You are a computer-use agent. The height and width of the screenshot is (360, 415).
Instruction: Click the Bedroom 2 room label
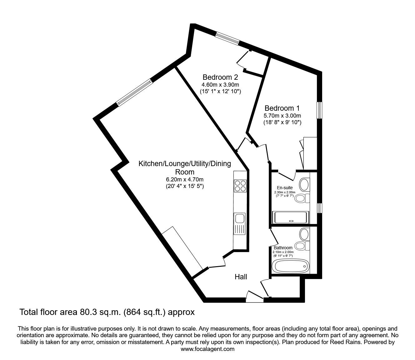click(x=220, y=77)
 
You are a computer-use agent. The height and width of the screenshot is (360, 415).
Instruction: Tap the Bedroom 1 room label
click(x=282, y=108)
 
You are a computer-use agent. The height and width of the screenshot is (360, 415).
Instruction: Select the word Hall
click(x=241, y=277)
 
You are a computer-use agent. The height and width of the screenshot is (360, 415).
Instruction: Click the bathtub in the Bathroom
click(x=291, y=266)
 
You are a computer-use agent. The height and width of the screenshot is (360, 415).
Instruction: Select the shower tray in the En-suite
click(x=291, y=217)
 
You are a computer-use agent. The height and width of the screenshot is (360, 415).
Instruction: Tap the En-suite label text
click(x=285, y=188)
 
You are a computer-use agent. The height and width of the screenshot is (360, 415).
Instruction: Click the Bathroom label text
click(x=283, y=248)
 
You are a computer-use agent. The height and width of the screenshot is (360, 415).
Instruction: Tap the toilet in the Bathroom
click(x=302, y=246)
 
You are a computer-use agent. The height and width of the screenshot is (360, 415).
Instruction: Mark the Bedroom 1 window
click(x=319, y=110)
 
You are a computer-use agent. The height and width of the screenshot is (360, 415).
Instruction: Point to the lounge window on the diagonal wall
click(x=134, y=92)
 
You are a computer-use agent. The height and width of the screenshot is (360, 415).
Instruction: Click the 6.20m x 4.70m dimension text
click(x=185, y=179)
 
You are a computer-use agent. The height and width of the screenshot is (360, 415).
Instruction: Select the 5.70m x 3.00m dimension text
click(x=282, y=116)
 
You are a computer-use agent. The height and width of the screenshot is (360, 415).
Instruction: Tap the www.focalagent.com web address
click(x=207, y=349)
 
